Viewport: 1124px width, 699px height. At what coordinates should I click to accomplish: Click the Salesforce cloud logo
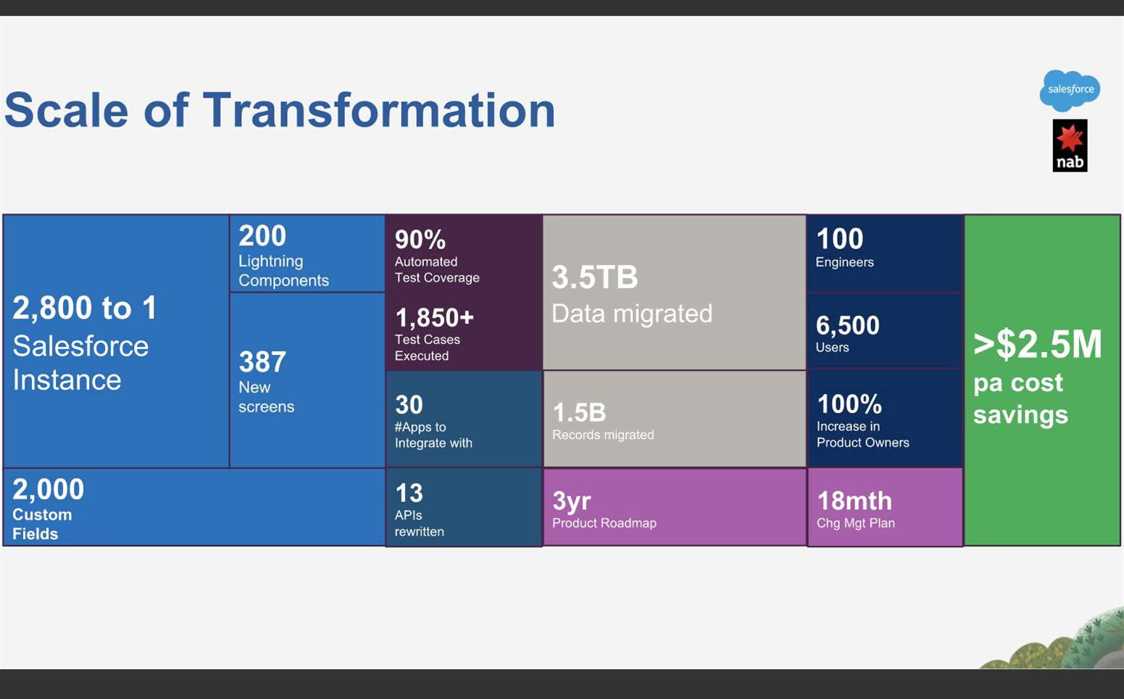click(x=1070, y=91)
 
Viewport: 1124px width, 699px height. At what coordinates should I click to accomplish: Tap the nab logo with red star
click(x=1070, y=146)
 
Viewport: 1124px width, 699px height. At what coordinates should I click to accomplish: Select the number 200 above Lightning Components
click(x=262, y=235)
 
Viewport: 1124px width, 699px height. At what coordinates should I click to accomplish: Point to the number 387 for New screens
click(x=262, y=361)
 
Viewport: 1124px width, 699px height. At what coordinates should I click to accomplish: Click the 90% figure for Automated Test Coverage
click(x=420, y=240)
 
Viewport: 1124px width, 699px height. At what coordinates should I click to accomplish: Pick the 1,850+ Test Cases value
click(x=435, y=317)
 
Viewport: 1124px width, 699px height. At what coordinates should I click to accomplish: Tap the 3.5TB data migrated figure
click(x=595, y=277)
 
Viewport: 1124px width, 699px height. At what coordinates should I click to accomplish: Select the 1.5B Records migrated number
click(x=579, y=413)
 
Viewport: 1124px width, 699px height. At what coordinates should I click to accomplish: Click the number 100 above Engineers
click(x=839, y=239)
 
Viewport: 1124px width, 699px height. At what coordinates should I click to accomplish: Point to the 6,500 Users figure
click(x=847, y=325)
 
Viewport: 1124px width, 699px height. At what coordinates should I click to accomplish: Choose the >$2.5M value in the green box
click(x=1037, y=345)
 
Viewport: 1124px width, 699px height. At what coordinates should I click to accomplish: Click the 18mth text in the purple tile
click(x=854, y=501)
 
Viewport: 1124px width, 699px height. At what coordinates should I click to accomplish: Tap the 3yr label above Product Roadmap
click(x=572, y=501)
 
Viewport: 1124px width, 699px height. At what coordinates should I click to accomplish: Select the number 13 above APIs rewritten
click(x=409, y=493)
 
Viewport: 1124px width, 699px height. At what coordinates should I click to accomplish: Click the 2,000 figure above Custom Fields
click(x=48, y=490)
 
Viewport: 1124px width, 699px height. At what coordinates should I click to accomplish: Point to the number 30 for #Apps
click(x=409, y=405)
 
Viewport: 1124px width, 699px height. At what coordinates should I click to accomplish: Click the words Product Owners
click(x=862, y=443)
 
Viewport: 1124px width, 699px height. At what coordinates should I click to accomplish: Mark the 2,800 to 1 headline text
click(x=84, y=307)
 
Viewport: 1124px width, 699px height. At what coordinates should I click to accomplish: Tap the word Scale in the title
click(x=66, y=110)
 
